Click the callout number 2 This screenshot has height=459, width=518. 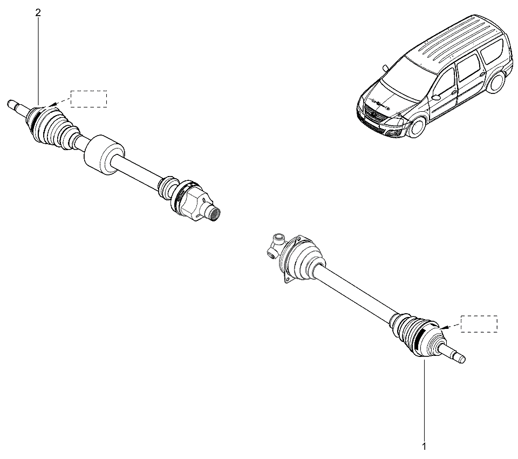(38, 12)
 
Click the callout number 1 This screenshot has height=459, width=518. (424, 447)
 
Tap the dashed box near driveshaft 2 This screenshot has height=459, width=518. (89, 98)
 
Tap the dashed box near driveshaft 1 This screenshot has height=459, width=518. (479, 324)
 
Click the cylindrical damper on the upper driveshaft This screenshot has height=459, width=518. (104, 154)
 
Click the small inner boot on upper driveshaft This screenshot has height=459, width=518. (167, 186)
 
